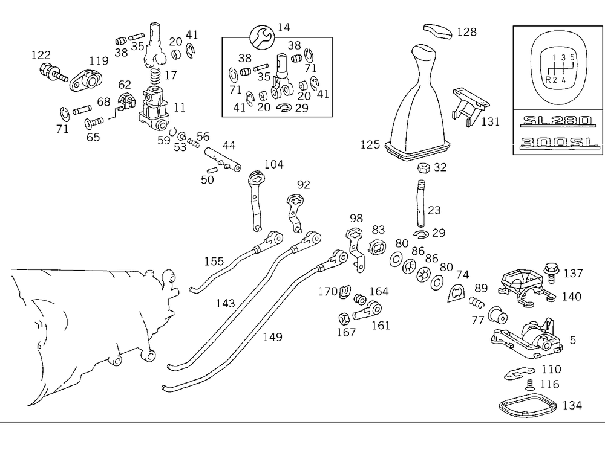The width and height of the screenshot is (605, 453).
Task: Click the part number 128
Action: pyautogui.click(x=467, y=31)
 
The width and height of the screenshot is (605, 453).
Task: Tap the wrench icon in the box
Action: pyautogui.click(x=261, y=37)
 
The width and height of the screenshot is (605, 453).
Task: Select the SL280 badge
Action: pyautogui.click(x=556, y=121)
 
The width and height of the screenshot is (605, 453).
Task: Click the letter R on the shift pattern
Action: pyautogui.click(x=548, y=79)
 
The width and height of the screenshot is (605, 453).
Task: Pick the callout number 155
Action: pyautogui.click(x=214, y=262)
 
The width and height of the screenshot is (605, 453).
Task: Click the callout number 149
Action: pyautogui.click(x=272, y=336)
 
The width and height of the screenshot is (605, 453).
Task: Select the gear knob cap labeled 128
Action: pyautogui.click(x=437, y=30)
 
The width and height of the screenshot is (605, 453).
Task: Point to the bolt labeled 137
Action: pyautogui.click(x=551, y=270)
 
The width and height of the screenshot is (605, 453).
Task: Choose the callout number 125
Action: pyautogui.click(x=370, y=144)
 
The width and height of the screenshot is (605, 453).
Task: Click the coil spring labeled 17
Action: pyautogui.click(x=154, y=77)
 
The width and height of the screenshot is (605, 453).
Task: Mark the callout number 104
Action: pyautogui.click(x=273, y=164)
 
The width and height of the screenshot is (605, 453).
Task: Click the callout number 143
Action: pyautogui.click(x=225, y=304)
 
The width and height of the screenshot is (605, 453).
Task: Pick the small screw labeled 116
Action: pyautogui.click(x=529, y=384)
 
